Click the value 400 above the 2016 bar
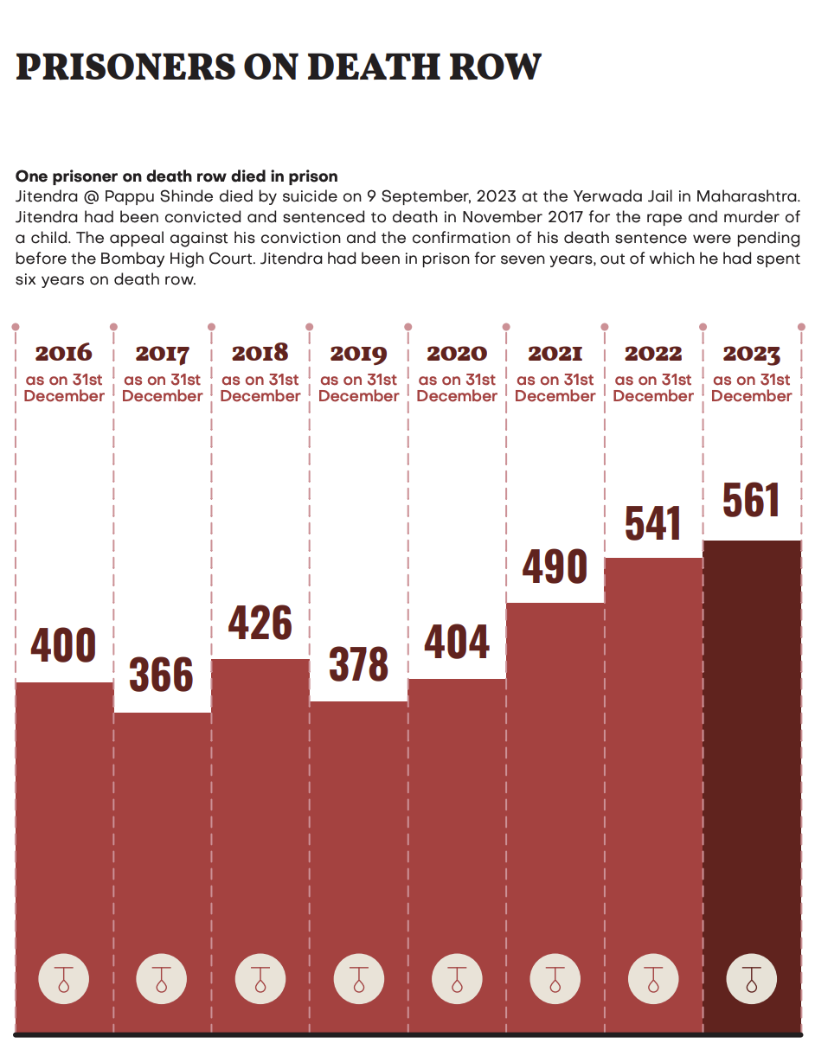[63, 646]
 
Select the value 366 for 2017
[162, 675]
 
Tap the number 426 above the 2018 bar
[260, 623]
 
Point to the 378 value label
[359, 664]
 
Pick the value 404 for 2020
[457, 642]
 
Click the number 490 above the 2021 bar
[555, 566]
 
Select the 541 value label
[653, 522]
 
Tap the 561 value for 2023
[751, 501]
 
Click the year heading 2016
[63, 353]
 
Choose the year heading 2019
[359, 354]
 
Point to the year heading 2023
[751, 354]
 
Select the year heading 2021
[555, 354]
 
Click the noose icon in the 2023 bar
[751, 980]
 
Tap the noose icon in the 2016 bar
[63, 980]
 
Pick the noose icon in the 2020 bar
[457, 980]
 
